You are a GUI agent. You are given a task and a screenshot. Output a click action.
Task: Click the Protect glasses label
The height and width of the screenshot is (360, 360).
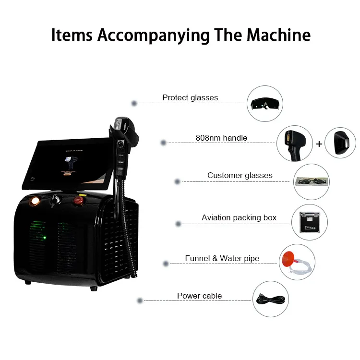click(190, 97)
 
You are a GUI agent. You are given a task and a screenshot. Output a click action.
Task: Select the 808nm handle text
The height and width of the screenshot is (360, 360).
click(221, 138)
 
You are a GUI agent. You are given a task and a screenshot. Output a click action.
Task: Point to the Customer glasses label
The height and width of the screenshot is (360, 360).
click(240, 175)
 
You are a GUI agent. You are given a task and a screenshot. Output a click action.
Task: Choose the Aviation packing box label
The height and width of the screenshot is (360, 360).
click(239, 217)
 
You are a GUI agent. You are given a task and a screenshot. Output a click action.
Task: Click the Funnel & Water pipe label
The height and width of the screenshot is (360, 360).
click(222, 258)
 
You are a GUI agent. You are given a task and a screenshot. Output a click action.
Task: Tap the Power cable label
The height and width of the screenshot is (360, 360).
click(199, 296)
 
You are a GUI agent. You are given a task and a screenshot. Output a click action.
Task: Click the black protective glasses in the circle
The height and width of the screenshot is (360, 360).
click(264, 103)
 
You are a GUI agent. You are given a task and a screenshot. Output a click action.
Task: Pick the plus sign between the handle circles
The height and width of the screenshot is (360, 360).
click(319, 144)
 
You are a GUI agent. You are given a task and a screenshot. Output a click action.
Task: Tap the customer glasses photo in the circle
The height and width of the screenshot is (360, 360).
click(312, 181)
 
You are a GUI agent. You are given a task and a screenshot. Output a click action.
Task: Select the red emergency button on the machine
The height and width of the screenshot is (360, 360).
click(78, 202)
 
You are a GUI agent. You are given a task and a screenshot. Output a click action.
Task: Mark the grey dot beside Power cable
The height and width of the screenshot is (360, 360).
click(140, 300)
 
